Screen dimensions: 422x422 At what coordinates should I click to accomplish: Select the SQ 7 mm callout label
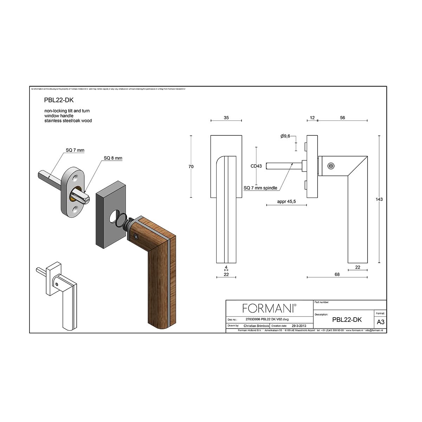pos(75,150)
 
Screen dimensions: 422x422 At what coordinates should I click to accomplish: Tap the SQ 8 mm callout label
pos(113,158)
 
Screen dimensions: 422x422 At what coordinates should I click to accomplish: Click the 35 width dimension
pos(226,118)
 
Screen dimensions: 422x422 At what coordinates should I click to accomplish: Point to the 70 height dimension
pos(191,167)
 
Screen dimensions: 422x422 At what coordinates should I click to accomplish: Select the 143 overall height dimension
pos(379,199)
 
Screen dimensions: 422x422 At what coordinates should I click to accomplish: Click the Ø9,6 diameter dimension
pos(285,136)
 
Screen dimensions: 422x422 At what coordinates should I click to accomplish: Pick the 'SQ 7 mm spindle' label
pos(260,188)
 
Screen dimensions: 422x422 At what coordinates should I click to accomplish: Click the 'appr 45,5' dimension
pos(286,202)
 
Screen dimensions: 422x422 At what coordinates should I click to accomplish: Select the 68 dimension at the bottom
pos(337,275)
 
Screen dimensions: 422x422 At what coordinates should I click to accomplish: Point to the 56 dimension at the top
pos(343,118)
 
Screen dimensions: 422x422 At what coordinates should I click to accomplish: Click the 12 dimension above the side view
pos(312,118)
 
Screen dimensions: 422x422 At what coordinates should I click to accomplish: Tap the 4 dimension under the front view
pos(226,267)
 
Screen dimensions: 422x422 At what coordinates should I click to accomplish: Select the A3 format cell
pos(380,322)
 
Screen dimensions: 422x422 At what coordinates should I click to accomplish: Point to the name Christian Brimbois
pos(255,326)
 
